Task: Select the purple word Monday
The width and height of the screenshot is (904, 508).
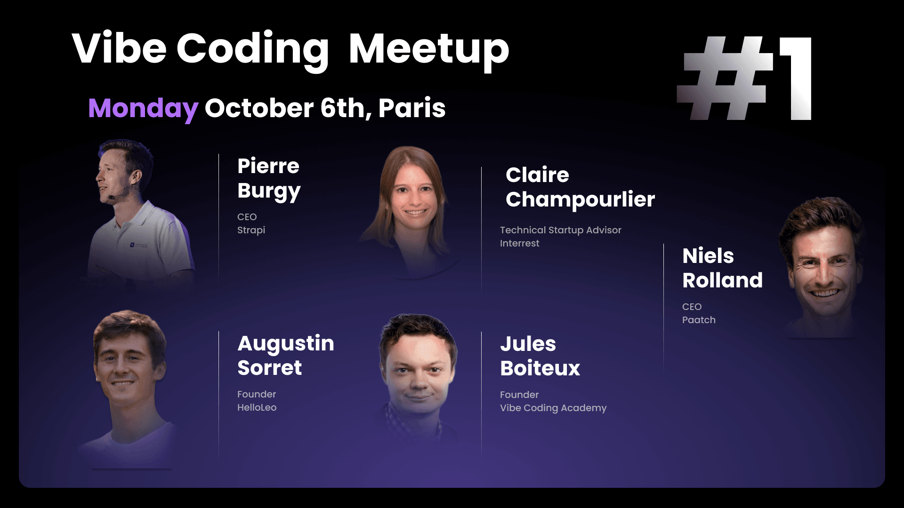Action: tap(143, 109)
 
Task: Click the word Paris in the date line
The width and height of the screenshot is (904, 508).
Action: tap(412, 108)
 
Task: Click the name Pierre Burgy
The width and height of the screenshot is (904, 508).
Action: tap(269, 178)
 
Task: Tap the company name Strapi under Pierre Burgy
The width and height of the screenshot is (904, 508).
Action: tap(251, 230)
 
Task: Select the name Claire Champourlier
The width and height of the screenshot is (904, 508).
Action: tap(580, 187)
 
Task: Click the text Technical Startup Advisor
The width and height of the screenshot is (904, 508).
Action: tap(560, 230)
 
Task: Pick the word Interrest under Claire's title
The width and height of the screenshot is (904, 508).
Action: tap(519, 243)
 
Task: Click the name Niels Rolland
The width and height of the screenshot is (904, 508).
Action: tap(722, 268)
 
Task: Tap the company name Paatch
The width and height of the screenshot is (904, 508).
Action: tap(699, 320)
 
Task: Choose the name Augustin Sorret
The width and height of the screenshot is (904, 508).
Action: tap(286, 356)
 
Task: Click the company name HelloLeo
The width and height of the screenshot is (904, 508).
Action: tap(257, 407)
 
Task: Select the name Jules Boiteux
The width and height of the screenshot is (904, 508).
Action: tap(540, 356)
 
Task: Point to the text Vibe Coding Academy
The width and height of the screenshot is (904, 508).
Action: tap(553, 408)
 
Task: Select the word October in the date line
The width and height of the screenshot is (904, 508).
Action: tap(259, 108)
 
